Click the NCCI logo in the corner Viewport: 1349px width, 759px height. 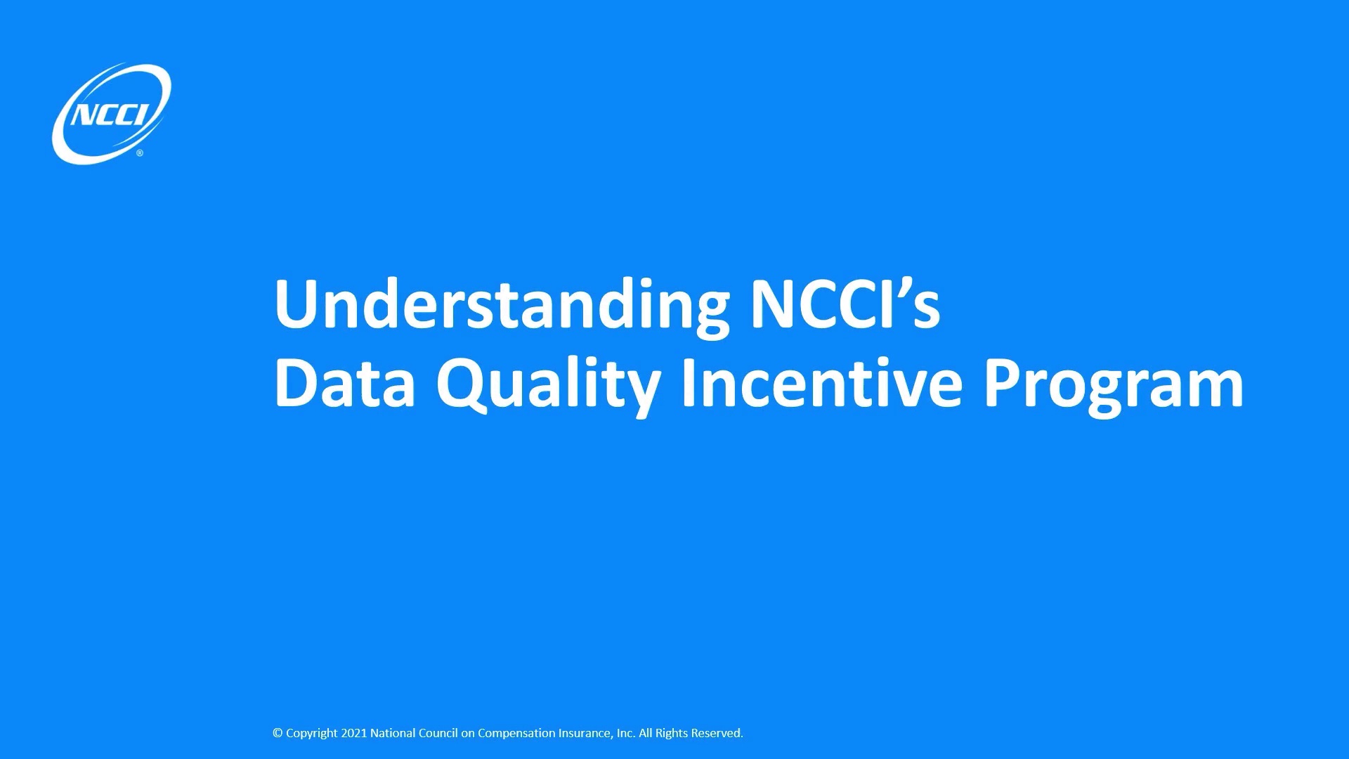(111, 114)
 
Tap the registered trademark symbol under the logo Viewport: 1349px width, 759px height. (140, 153)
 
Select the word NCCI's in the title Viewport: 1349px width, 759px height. (845, 304)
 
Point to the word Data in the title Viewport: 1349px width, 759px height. (344, 384)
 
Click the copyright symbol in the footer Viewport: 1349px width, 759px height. (278, 733)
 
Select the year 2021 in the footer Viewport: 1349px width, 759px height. (353, 733)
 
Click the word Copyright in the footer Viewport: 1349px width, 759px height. (311, 733)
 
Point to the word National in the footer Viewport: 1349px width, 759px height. (392, 733)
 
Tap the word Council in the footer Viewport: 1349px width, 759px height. (438, 733)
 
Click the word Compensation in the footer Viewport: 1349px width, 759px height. (516, 733)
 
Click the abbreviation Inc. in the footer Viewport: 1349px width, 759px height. (625, 733)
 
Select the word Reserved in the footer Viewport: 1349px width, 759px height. (717, 733)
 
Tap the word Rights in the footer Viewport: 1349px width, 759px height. (672, 733)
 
